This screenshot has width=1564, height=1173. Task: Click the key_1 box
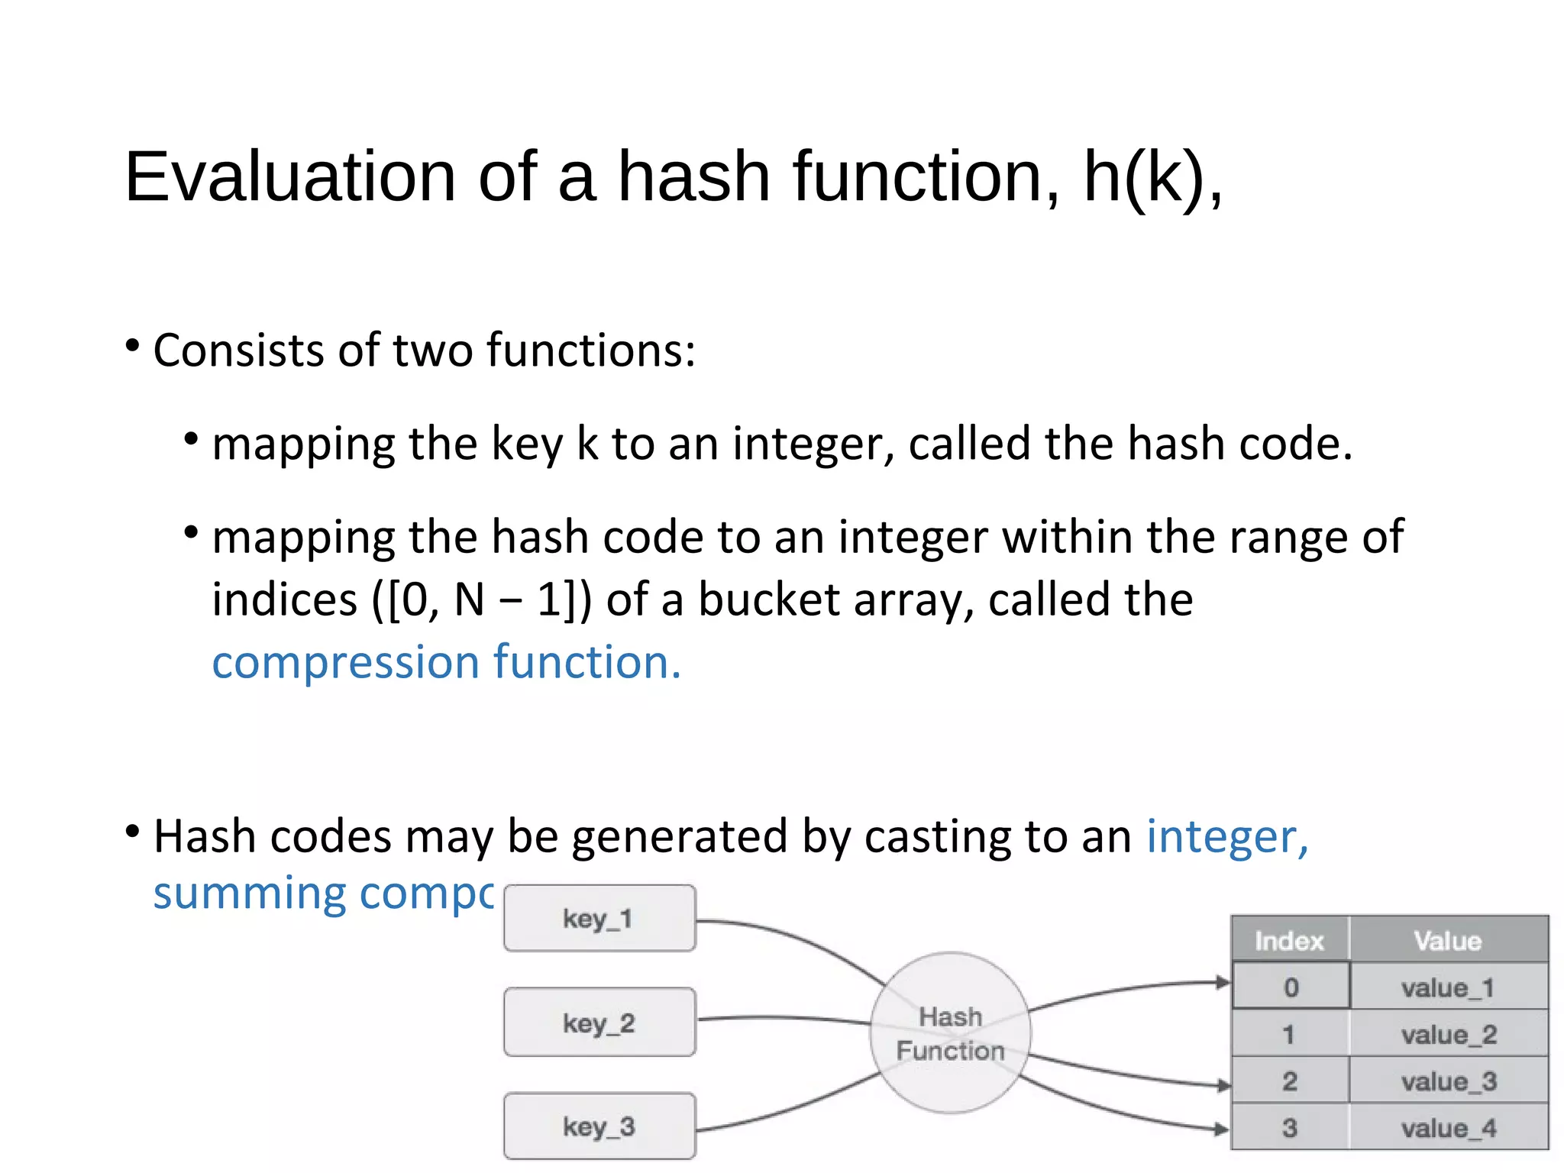click(599, 918)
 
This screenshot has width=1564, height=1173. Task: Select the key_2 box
click(599, 1022)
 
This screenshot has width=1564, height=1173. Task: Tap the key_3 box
click(599, 1126)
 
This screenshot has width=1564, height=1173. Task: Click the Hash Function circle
click(950, 1032)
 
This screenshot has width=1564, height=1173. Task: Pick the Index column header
click(1289, 940)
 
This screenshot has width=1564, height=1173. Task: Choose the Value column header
click(1448, 940)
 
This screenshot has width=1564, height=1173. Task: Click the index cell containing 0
click(1291, 987)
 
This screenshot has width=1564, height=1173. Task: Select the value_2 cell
click(1449, 1034)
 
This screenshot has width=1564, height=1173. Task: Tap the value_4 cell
click(1449, 1127)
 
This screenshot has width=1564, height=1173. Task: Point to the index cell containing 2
click(1290, 1081)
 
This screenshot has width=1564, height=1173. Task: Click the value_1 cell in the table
click(1448, 987)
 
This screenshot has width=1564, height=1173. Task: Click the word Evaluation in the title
click(290, 177)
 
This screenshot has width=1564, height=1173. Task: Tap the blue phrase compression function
click(446, 661)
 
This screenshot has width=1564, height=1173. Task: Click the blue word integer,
click(1227, 836)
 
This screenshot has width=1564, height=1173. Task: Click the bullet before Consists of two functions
click(132, 346)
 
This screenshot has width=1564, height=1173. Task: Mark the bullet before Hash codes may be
click(132, 831)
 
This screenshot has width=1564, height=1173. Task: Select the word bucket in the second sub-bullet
click(769, 599)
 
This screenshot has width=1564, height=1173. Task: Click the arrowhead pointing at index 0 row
click(1223, 983)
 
